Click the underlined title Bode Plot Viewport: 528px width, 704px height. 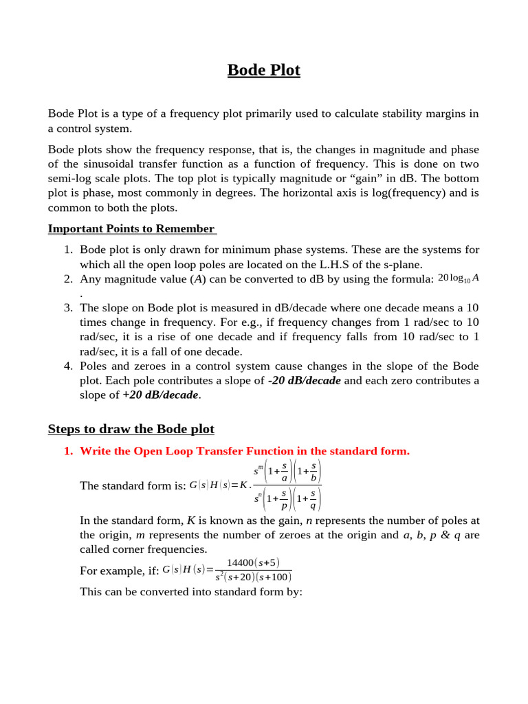point(263,70)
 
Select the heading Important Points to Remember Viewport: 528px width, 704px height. point(131,229)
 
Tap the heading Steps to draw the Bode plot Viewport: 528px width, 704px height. point(131,429)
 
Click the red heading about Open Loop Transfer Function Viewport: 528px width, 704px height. point(244,451)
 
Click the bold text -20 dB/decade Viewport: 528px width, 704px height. point(304,380)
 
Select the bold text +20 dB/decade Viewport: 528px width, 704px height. point(160,395)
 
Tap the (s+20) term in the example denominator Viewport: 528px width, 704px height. point(241,577)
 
